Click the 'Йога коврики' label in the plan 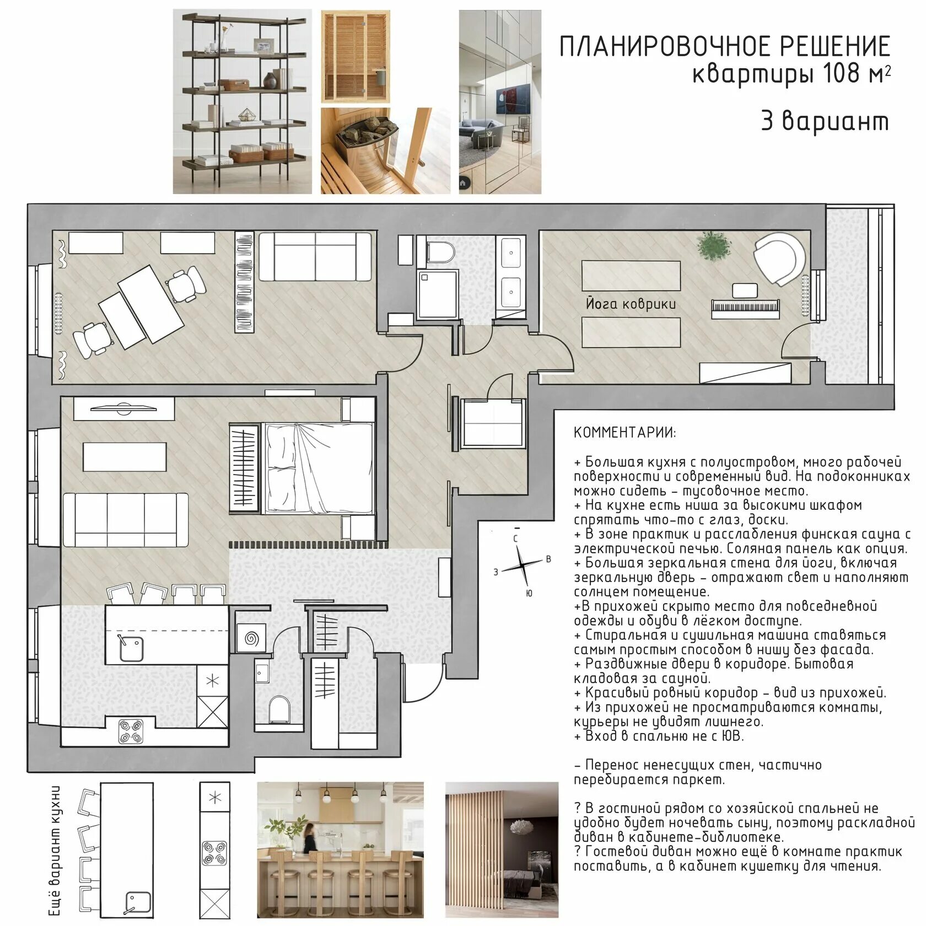click(x=631, y=304)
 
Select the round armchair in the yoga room click(x=778, y=259)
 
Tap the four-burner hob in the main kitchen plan click(x=131, y=730)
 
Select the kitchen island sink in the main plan click(x=131, y=649)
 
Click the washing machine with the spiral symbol click(x=251, y=639)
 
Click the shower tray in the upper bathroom click(x=437, y=294)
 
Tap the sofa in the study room click(x=315, y=256)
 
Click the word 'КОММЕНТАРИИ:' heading click(x=624, y=432)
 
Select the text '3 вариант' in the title click(x=825, y=121)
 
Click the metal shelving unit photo click(x=242, y=101)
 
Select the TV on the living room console click(x=124, y=408)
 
